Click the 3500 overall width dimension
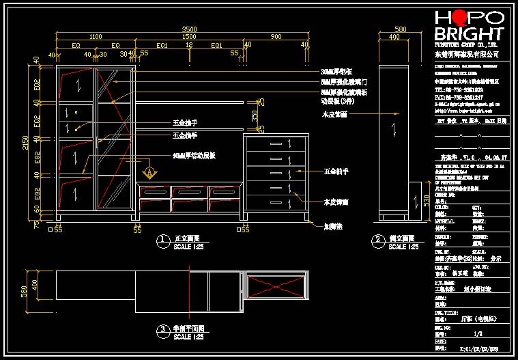click(189, 29)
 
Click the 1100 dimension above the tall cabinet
click(95, 37)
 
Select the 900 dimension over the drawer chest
click(276, 37)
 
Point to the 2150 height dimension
click(25, 140)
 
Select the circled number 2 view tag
click(377, 240)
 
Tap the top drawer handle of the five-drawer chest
click(276, 144)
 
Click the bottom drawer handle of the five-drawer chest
click(276, 203)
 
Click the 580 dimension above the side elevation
click(401, 29)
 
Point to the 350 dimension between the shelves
click(255, 116)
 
